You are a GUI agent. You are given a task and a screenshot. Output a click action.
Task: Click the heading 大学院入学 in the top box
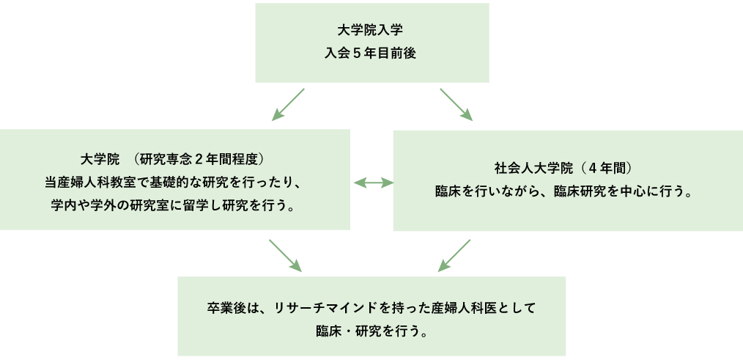371,32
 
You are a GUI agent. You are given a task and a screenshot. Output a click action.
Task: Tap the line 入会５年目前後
371,54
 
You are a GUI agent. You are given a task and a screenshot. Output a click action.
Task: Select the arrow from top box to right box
456,104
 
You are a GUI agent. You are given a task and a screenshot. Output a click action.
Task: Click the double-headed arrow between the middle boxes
373,183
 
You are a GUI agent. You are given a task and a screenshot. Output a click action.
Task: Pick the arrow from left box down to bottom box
285,254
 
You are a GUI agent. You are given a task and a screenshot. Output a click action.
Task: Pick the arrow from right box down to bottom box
454,254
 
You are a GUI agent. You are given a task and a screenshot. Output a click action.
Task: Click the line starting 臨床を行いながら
566,190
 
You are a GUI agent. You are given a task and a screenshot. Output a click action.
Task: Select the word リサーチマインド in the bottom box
318,306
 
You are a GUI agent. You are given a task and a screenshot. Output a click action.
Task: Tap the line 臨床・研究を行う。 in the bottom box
371,330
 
